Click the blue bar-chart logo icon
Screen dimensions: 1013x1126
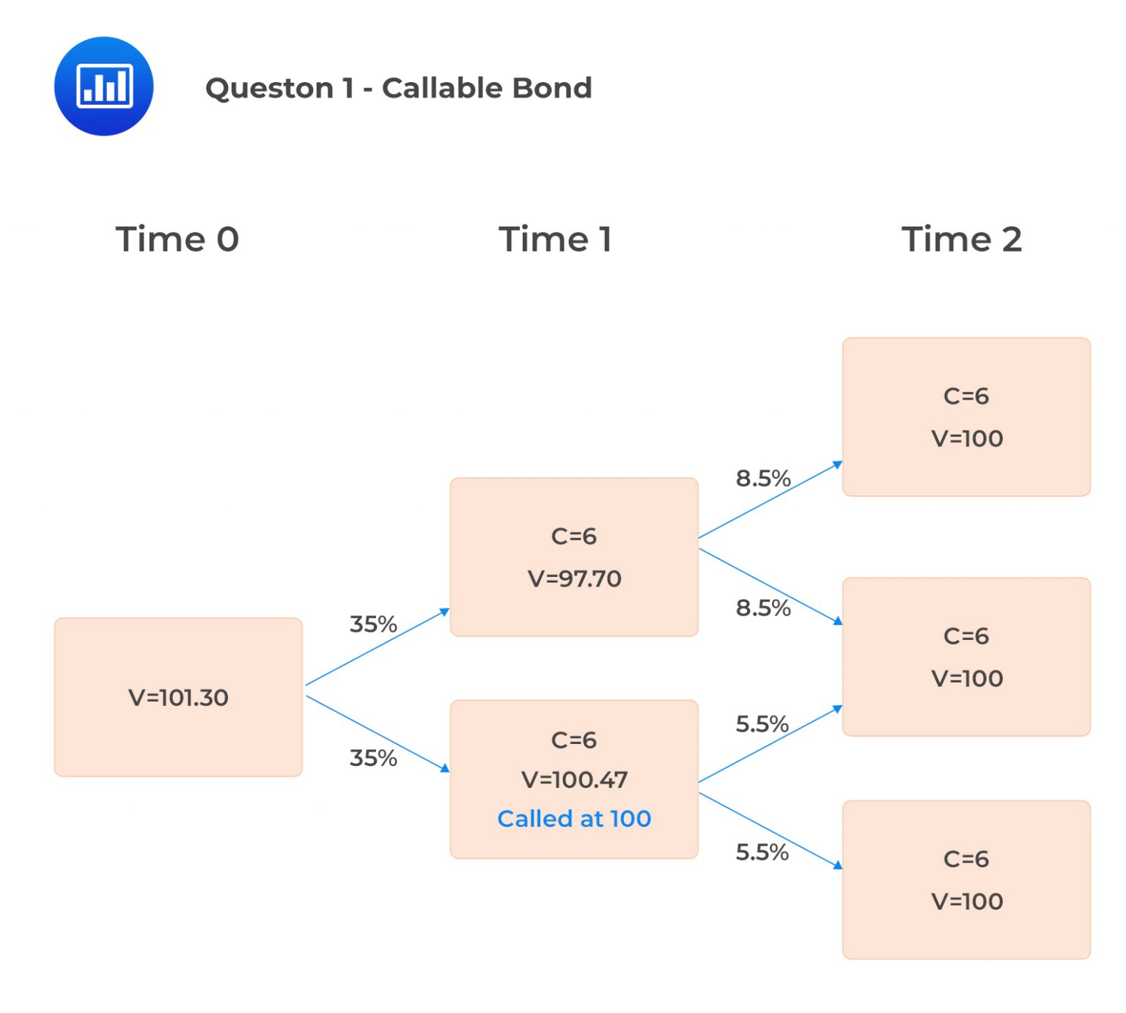coord(103,86)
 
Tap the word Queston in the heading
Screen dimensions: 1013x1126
coord(268,88)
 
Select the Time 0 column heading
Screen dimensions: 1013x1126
coord(177,239)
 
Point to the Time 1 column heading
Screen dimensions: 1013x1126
coord(555,239)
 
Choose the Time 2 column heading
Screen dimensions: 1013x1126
coord(961,239)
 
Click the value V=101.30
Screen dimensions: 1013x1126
coord(178,697)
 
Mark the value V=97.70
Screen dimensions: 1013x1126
coord(574,578)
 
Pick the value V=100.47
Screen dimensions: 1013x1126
coord(574,779)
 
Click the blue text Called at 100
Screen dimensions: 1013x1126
coord(574,818)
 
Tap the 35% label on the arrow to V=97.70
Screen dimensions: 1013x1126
coord(373,624)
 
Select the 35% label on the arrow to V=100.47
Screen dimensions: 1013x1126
coord(373,757)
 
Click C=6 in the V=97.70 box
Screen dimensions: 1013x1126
coord(574,536)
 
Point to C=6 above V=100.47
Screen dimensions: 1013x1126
coord(574,740)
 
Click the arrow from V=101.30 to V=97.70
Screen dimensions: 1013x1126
coord(378,647)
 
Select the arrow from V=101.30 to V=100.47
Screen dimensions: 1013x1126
coord(378,733)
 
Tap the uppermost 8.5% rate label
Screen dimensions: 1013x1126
coord(763,478)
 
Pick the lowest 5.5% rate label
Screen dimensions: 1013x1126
coord(762,852)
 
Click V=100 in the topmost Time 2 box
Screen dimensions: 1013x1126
coord(967,438)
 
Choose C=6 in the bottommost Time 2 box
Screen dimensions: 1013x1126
coord(966,858)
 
